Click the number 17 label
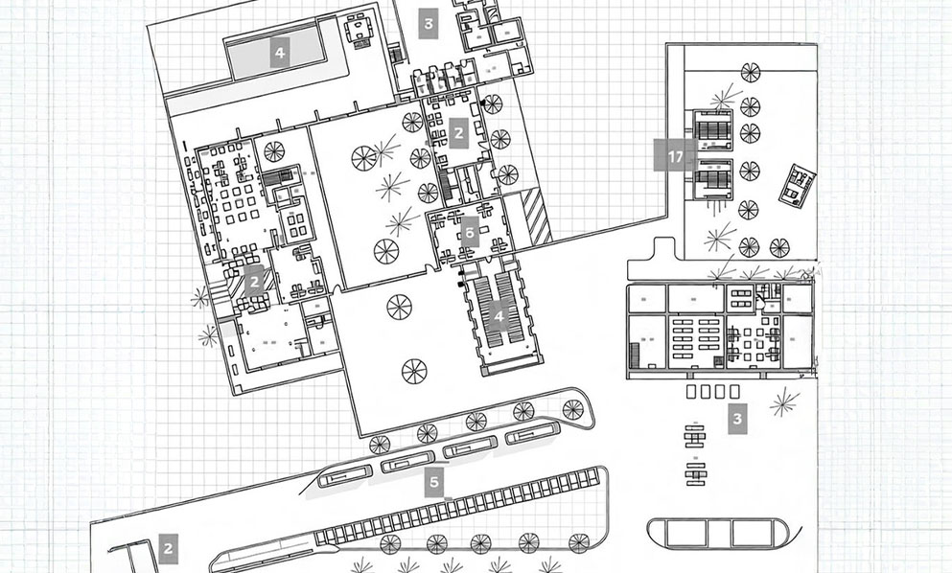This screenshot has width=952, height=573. point(675,155)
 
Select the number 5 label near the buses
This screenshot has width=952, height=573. point(434,481)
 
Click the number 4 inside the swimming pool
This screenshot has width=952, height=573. point(279,53)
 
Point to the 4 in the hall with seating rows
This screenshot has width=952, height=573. point(499,315)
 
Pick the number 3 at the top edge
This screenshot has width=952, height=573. point(429,23)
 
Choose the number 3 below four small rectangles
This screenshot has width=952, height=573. point(736,419)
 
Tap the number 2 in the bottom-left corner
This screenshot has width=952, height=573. point(168,549)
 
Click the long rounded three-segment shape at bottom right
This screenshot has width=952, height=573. point(718,533)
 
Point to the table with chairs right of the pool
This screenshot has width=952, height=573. point(360,29)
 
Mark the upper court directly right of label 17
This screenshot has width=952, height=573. point(712,131)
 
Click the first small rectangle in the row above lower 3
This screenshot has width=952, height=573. point(692,391)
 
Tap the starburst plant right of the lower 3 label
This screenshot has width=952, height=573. point(783,403)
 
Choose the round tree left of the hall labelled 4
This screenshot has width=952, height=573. point(399,307)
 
